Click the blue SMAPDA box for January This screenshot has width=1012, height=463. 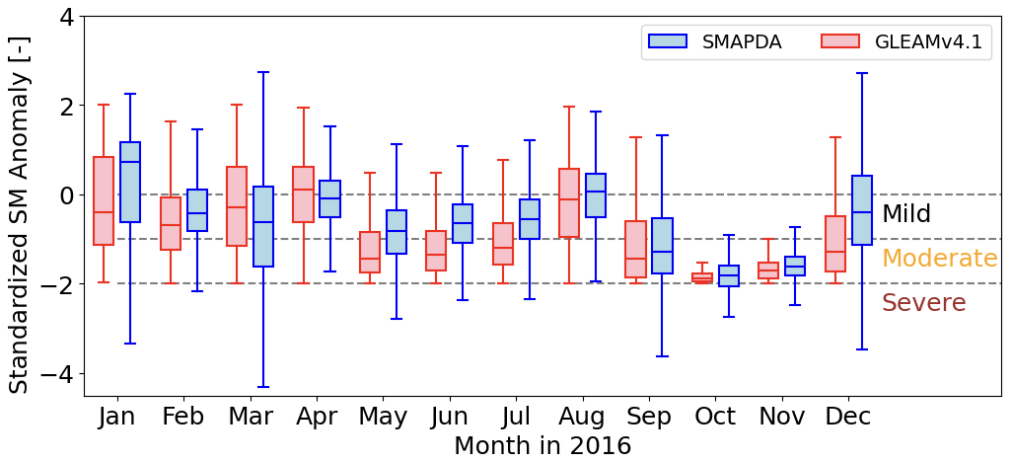point(130,183)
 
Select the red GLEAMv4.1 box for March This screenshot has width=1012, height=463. point(237,206)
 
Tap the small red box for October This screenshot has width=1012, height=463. point(702,278)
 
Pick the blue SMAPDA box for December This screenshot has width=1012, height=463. point(862,210)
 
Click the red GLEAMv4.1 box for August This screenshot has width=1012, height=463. point(569,203)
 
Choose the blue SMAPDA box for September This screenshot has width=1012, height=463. point(663,246)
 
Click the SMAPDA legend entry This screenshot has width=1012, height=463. point(714,41)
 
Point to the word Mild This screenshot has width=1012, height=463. point(905,214)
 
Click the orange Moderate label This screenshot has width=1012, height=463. point(939,259)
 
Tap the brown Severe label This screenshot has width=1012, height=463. point(923,303)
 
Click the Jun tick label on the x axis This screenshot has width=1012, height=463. point(450,417)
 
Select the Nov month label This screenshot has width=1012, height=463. point(782,417)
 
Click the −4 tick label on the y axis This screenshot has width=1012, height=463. point(58,374)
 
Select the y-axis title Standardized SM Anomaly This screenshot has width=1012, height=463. point(20,205)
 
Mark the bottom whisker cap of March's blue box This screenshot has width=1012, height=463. point(263,387)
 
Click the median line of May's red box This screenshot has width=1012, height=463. point(370,259)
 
